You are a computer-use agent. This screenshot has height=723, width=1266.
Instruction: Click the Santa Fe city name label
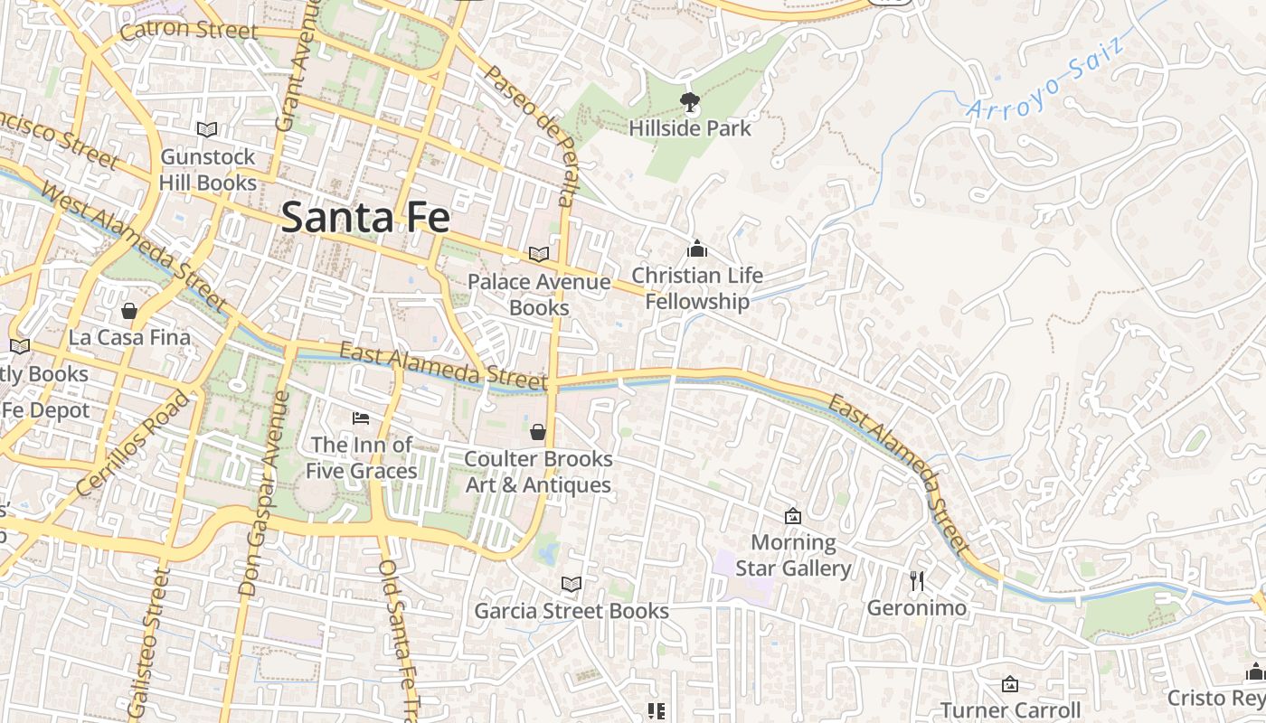click(365, 218)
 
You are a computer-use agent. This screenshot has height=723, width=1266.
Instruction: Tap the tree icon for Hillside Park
click(690, 100)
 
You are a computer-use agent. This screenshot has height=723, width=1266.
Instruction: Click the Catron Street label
click(188, 30)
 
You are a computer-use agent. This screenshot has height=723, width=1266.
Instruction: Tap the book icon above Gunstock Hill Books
click(207, 129)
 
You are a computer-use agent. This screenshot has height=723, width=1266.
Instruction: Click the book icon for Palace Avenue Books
click(539, 255)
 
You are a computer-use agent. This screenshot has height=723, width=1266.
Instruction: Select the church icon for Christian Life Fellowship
click(697, 249)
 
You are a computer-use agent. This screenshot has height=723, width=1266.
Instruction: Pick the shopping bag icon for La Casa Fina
click(129, 311)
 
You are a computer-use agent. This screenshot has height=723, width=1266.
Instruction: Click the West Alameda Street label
click(134, 246)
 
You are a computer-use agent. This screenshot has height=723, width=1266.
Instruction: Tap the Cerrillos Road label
click(134, 443)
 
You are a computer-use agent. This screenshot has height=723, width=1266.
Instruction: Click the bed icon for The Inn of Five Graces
click(361, 418)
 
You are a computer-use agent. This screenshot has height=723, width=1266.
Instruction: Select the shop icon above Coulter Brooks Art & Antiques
click(538, 432)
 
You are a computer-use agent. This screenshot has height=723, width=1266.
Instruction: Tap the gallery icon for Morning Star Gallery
click(793, 516)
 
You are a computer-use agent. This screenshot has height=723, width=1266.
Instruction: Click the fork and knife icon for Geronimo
click(917, 581)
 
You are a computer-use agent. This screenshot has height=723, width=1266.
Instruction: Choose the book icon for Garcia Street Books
click(571, 585)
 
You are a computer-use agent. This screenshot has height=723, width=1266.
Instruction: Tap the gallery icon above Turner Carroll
click(1010, 684)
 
